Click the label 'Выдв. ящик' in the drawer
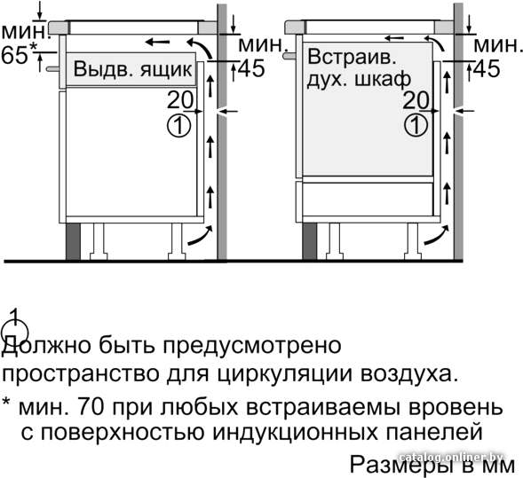(x=132, y=69)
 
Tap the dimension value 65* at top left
(x=18, y=55)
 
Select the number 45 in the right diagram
(x=487, y=69)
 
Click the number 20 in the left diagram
(x=180, y=100)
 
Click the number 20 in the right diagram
(x=416, y=100)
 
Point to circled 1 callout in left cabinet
(x=178, y=126)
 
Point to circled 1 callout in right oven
(x=416, y=125)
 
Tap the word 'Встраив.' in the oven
(x=352, y=57)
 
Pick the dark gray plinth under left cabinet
(x=73, y=241)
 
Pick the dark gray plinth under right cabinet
(x=310, y=241)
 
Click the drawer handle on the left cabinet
(x=53, y=68)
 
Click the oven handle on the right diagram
(x=289, y=56)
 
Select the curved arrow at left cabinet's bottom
(x=200, y=236)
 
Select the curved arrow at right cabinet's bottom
(x=437, y=235)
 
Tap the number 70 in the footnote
(x=91, y=407)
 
